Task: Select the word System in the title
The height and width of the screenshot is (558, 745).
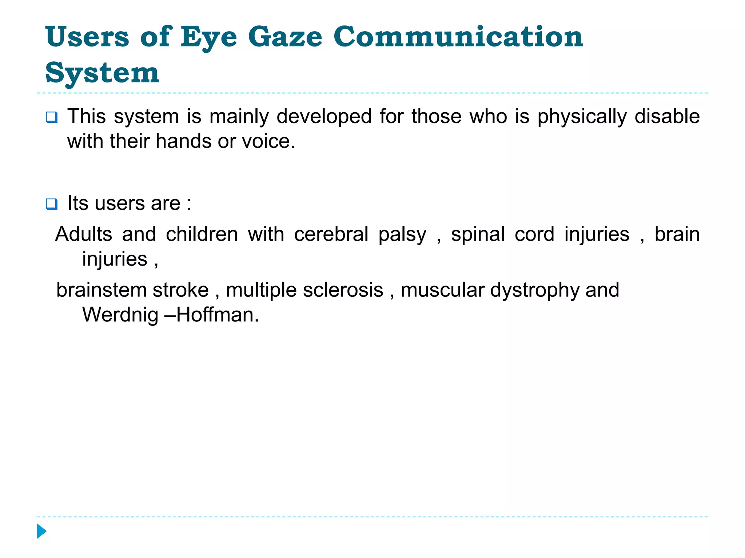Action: pyautogui.click(x=102, y=73)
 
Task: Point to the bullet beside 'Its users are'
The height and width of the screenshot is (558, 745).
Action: pyautogui.click(x=51, y=204)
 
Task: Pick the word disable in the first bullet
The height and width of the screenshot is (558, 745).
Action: pyautogui.click(x=667, y=116)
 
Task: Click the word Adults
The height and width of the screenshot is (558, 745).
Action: pyautogui.click(x=84, y=234)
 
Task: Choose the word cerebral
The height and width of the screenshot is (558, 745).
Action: pyautogui.click(x=331, y=234)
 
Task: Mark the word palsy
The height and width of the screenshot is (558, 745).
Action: pyautogui.click(x=402, y=235)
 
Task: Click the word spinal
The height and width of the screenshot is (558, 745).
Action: pyautogui.click(x=478, y=235)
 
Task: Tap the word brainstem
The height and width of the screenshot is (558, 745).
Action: pyautogui.click(x=101, y=290)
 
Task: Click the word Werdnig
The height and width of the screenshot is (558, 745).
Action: pyautogui.click(x=120, y=315)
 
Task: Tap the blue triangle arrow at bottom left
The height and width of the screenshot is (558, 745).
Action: pyautogui.click(x=41, y=531)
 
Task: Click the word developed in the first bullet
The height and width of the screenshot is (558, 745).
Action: pyautogui.click(x=324, y=117)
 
